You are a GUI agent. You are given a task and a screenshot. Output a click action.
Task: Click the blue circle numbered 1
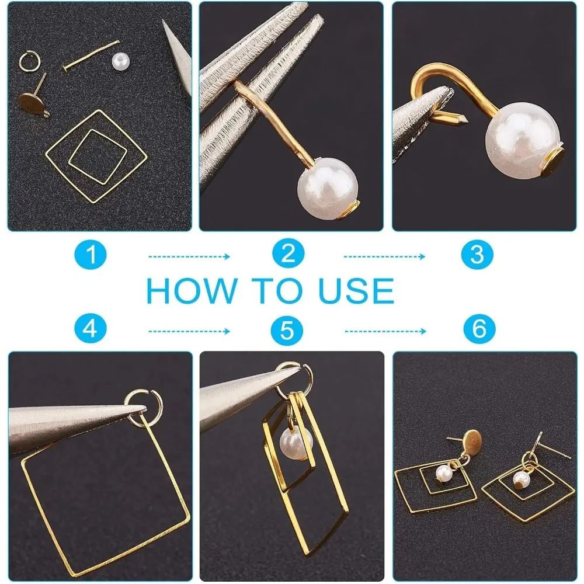tap(91, 255)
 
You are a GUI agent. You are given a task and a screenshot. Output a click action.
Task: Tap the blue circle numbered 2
tap(288, 254)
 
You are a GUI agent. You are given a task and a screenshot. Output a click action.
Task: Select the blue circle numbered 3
tap(477, 255)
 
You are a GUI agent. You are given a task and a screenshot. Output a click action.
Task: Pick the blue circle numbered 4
tap(91, 328)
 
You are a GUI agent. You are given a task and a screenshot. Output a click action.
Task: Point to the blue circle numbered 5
tap(287, 329)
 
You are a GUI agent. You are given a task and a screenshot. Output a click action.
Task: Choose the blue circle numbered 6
tap(479, 328)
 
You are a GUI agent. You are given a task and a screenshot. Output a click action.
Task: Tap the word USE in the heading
tap(356, 290)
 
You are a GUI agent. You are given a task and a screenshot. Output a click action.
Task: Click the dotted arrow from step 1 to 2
tap(189, 256)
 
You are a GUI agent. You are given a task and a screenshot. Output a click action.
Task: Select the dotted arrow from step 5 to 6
tap(385, 331)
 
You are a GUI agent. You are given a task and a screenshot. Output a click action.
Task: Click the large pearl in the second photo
tap(328, 189)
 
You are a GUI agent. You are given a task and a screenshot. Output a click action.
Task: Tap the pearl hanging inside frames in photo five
tap(296, 443)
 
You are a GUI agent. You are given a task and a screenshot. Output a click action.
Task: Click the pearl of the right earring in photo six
tap(522, 479)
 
